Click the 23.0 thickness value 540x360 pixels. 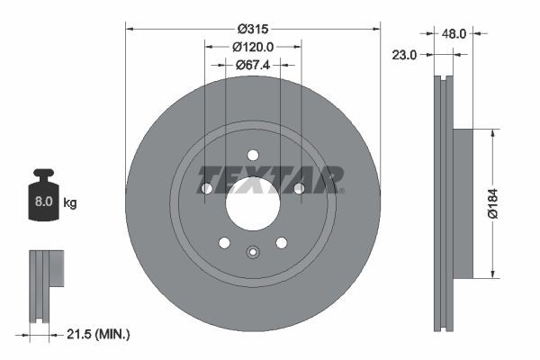coord(406,55)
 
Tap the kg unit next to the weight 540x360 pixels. coord(70,203)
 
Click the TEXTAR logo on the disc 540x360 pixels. coord(270,178)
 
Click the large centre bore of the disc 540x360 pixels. coord(253,203)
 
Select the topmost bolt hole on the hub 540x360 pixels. coord(253,155)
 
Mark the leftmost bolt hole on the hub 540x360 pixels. coord(207,188)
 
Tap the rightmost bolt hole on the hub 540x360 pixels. coord(299,188)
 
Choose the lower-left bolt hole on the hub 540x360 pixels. coord(224,242)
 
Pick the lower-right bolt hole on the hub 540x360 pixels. coord(281,242)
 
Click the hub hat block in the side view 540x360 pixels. coord(462,202)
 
